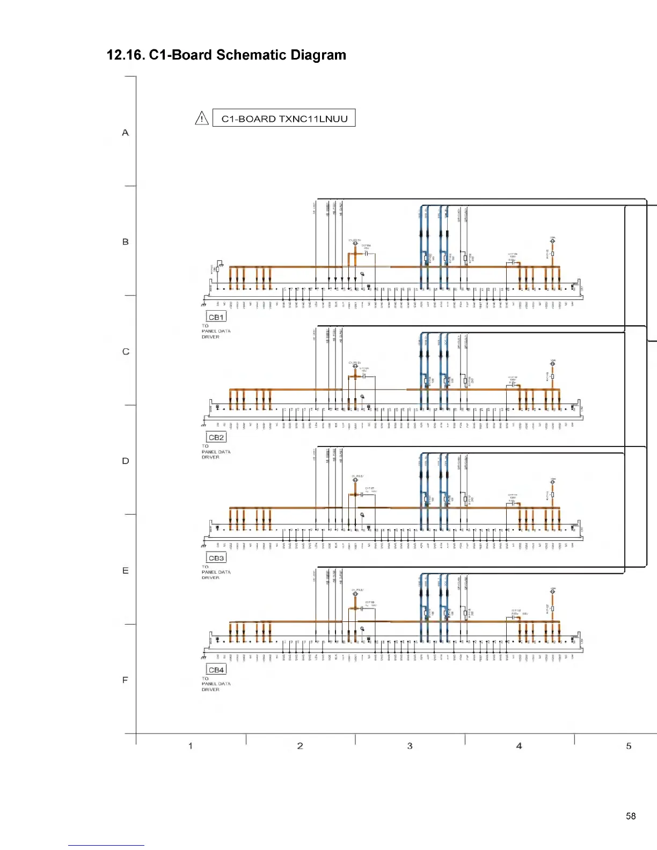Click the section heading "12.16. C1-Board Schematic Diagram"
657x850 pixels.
point(227,55)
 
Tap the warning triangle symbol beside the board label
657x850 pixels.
point(202,118)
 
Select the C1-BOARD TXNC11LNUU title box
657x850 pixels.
point(284,119)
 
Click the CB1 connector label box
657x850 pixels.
point(216,317)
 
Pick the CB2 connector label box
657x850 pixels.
point(216,437)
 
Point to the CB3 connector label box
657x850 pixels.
point(216,558)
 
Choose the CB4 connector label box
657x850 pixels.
point(216,670)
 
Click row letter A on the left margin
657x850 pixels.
point(126,133)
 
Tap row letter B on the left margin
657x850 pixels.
point(126,242)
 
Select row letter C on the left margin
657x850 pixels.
point(126,351)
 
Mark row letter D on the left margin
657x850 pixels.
point(126,461)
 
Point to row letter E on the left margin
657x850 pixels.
point(126,570)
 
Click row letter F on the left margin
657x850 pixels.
point(126,680)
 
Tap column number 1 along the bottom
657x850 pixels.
point(191,746)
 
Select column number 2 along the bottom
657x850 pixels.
point(300,746)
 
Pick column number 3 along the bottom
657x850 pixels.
point(410,746)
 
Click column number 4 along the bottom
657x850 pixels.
point(519,746)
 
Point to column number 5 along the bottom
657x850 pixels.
point(629,746)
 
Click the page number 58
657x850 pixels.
point(631,816)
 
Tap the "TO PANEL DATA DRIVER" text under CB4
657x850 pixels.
point(216,684)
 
